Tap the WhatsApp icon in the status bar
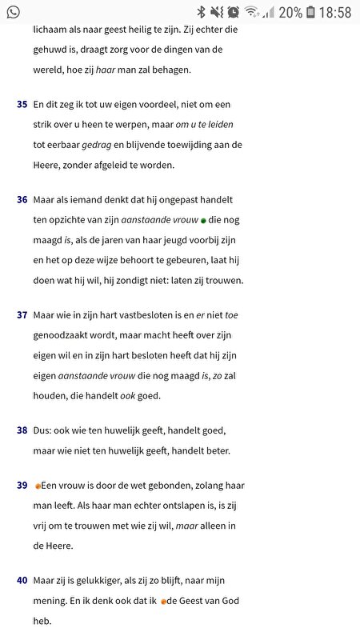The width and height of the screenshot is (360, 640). (x=13, y=12)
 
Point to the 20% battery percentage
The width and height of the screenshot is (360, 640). (x=290, y=12)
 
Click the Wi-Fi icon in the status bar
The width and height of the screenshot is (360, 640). (x=251, y=12)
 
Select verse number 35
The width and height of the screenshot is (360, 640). (x=22, y=105)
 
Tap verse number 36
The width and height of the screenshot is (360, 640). (x=22, y=199)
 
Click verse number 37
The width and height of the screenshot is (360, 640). (x=22, y=315)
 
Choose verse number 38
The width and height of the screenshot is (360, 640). (x=22, y=430)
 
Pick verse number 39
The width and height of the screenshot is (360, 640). (x=22, y=486)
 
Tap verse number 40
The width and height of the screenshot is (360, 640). (x=22, y=579)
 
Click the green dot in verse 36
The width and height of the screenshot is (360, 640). (x=203, y=220)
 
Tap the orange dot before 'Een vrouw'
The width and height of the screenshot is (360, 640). (x=38, y=486)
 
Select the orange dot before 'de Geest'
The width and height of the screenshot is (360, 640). (x=163, y=602)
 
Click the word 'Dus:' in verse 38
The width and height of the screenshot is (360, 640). (x=44, y=430)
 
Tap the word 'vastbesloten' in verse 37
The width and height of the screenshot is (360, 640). (x=161, y=315)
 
